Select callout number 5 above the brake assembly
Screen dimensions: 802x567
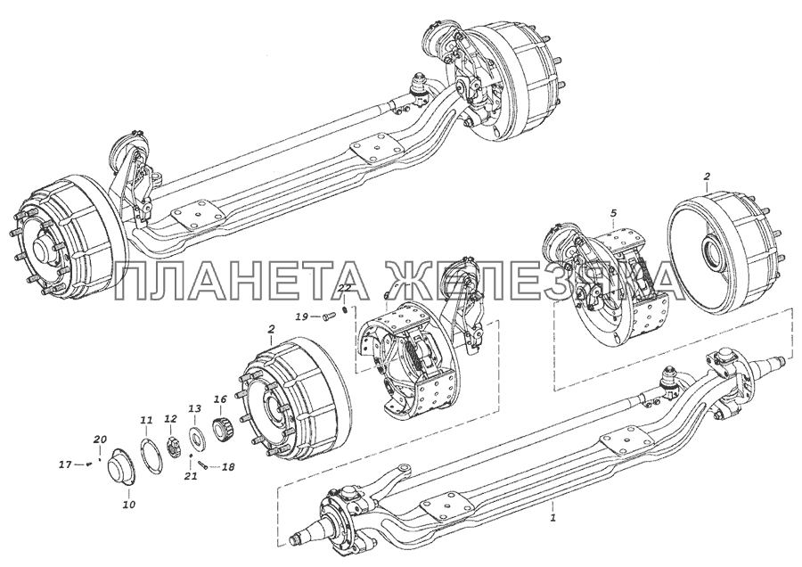point(614,212)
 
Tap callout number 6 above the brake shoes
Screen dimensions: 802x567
point(386,297)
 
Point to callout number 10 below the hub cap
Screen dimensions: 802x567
point(129,505)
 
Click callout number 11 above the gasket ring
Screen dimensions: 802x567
point(147,420)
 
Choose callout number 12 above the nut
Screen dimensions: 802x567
point(170,419)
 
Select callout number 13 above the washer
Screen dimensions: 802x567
point(195,408)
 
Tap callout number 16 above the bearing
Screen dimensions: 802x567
point(220,399)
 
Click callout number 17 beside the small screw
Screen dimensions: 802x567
point(65,464)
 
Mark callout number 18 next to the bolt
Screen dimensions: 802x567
point(229,466)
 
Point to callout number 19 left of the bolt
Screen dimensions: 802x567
point(302,317)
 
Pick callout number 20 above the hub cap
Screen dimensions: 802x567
point(100,439)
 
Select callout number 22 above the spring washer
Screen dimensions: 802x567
point(345,289)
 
